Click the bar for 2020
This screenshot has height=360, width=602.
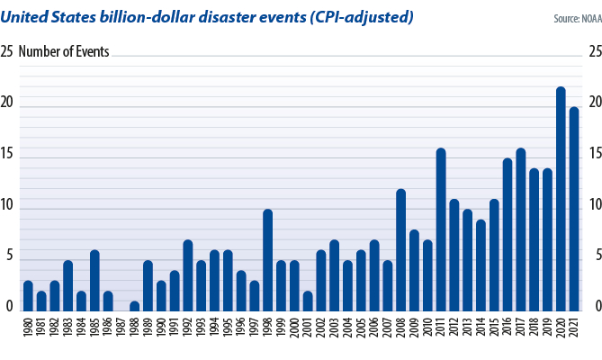click(561, 199)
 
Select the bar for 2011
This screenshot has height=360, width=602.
click(441, 229)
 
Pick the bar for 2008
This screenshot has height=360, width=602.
click(401, 250)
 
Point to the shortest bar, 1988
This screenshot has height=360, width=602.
click(134, 306)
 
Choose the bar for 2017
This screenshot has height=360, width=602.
click(521, 229)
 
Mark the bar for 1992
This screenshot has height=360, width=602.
click(187, 275)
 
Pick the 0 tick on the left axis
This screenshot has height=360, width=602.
click(9, 307)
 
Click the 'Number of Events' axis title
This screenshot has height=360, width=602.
click(64, 52)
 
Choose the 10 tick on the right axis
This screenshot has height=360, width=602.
click(593, 205)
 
